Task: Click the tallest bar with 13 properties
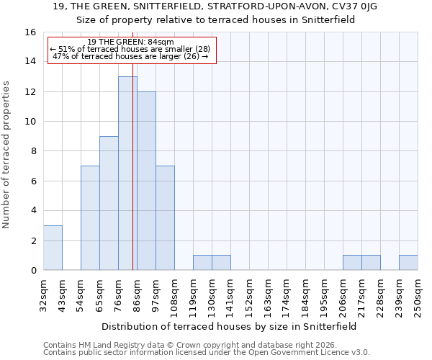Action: (127, 173)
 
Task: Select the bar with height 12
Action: (146, 181)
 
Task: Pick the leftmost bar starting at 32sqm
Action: (53, 248)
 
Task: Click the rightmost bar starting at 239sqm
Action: (408, 263)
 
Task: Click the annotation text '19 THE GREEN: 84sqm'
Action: (130, 42)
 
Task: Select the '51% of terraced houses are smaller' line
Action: (130, 49)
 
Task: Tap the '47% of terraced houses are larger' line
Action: (130, 56)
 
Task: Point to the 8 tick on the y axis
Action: (32, 151)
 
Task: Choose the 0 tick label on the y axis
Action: (32, 271)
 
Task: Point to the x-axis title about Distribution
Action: (229, 326)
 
